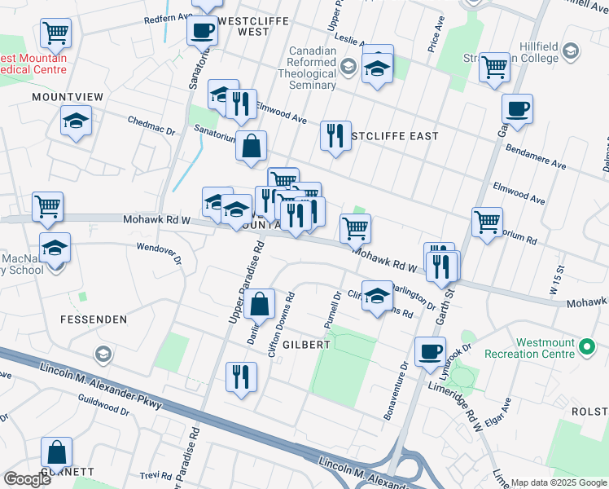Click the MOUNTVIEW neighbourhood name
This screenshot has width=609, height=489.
(x=68, y=97)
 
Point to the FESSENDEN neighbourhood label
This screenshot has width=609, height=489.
(x=92, y=319)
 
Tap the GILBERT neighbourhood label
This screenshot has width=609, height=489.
(x=307, y=345)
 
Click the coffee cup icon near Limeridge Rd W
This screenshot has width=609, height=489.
(x=430, y=352)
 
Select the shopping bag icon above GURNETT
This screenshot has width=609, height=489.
(x=57, y=452)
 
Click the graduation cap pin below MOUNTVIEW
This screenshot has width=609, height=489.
(x=76, y=122)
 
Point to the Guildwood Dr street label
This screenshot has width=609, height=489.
(x=101, y=404)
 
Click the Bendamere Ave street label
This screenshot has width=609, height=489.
(x=535, y=158)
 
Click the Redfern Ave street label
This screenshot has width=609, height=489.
(x=166, y=19)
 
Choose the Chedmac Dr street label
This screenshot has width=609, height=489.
(x=151, y=126)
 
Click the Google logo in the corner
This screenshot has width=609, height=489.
(x=27, y=478)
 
